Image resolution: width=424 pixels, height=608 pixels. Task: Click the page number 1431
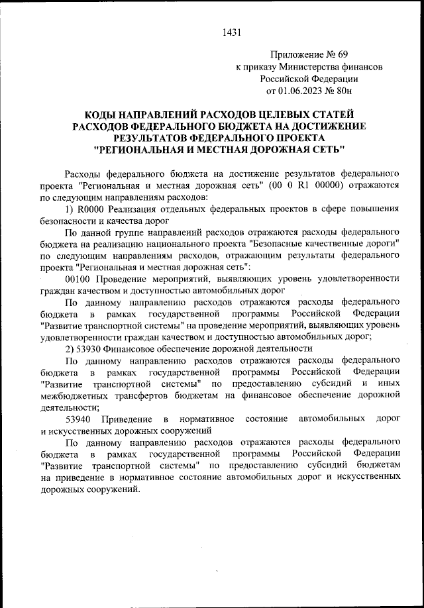tap(232, 31)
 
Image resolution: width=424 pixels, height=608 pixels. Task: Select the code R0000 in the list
tap(93, 209)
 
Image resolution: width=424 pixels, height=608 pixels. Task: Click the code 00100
tap(79, 279)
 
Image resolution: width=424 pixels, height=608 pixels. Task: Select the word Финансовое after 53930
tap(135, 349)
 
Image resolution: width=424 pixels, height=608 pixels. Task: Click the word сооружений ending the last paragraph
tap(113, 489)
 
